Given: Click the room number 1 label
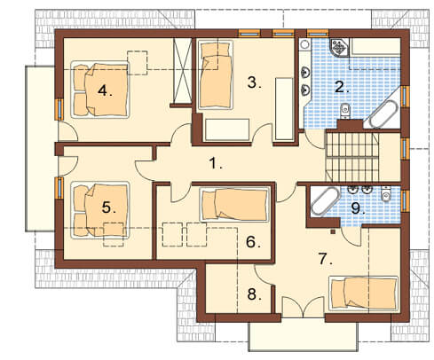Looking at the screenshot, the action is click(215, 163).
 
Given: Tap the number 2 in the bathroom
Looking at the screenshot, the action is click(341, 87).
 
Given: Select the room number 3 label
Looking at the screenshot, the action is click(254, 82).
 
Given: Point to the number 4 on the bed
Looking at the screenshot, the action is click(104, 90).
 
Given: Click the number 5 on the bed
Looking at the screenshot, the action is click(108, 207).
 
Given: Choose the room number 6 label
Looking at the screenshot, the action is click(253, 242).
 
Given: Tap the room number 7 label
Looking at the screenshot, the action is click(325, 259).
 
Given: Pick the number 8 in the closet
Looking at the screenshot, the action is click(254, 294).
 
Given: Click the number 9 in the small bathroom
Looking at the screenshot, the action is click(358, 208).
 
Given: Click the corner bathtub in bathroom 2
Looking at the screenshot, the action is click(383, 113).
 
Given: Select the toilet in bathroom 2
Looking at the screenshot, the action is click(345, 111).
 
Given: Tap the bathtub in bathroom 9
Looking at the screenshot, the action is click(325, 201).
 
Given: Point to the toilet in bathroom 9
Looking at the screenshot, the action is click(385, 193).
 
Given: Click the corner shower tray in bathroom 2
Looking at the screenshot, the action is click(340, 47).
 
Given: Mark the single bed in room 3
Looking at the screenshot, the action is click(215, 74).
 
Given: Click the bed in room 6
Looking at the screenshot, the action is click(234, 205).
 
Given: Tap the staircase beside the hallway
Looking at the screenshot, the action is click(351, 157).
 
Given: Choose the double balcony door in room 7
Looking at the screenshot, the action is click(303, 308).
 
